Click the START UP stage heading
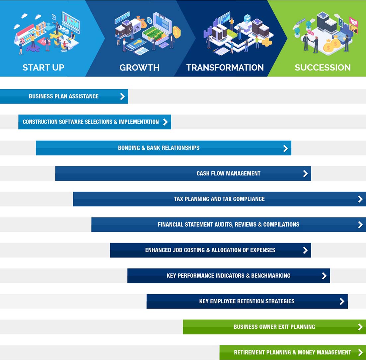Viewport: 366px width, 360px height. (43, 67)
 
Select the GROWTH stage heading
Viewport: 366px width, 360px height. (139, 67)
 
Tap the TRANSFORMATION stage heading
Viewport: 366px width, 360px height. (225, 67)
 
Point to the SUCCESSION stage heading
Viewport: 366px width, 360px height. (323, 67)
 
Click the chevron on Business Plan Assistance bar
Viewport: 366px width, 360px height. (122, 97)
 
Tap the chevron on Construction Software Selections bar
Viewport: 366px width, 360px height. (165, 122)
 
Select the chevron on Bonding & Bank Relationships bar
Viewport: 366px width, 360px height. (285, 148)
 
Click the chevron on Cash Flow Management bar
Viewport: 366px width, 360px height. (305, 174)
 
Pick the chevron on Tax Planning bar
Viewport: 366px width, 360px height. (360, 199)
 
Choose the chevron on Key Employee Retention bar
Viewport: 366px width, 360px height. (342, 301)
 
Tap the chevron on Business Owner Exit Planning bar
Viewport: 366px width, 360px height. (360, 327)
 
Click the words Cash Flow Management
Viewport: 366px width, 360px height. (228, 174)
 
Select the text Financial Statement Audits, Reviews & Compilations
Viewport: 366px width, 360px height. (228, 225)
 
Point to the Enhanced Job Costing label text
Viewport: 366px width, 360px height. (210, 250)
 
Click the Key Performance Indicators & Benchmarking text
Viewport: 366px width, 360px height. (228, 276)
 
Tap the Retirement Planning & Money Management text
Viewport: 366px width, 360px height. (292, 352)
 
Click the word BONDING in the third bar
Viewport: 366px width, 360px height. (129, 148)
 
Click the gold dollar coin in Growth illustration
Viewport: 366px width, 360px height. (177, 32)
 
